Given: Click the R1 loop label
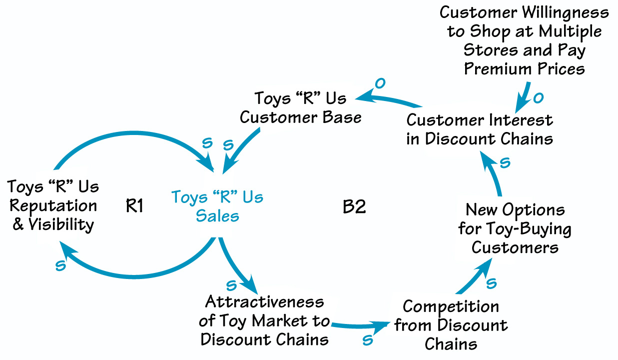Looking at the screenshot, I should (135, 205).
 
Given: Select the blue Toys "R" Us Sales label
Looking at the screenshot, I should (217, 206).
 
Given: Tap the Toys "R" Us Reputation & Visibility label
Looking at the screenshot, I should (53, 205).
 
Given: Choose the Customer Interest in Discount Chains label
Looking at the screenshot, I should (480, 129).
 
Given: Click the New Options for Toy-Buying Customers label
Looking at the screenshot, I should (515, 228).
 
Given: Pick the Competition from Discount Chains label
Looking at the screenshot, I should (451, 325).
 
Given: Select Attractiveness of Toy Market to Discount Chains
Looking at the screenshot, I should (264, 320).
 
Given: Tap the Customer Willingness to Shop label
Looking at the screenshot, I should (524, 40).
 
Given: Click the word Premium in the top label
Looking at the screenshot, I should (495, 68).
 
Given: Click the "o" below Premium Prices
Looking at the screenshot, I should (538, 98).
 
